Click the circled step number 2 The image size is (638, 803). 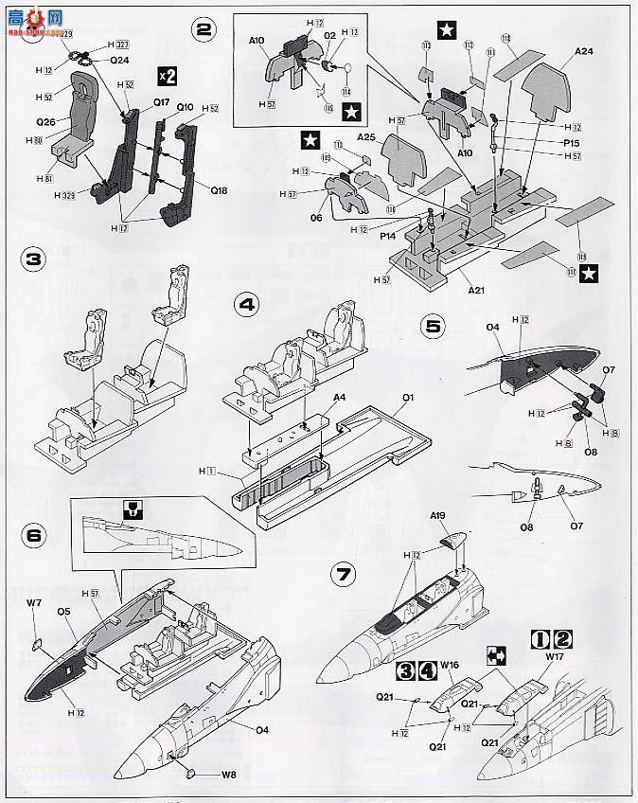[202, 28]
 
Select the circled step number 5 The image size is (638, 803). [433, 327]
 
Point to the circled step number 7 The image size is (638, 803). [341, 573]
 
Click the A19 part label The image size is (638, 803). [437, 516]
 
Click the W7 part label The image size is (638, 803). [34, 602]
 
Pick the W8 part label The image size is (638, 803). [228, 773]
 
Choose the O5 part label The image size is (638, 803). [64, 611]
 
